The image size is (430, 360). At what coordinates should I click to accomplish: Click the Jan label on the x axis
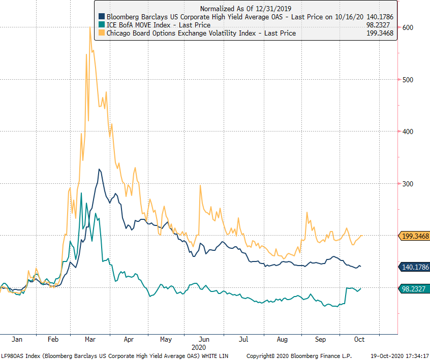17,339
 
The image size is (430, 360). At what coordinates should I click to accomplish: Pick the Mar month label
91,339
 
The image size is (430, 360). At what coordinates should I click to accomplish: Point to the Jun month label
204,339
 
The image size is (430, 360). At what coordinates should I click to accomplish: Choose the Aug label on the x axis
282,339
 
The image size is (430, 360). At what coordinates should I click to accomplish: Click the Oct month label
359,339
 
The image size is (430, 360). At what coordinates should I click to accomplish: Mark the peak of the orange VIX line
90,28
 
